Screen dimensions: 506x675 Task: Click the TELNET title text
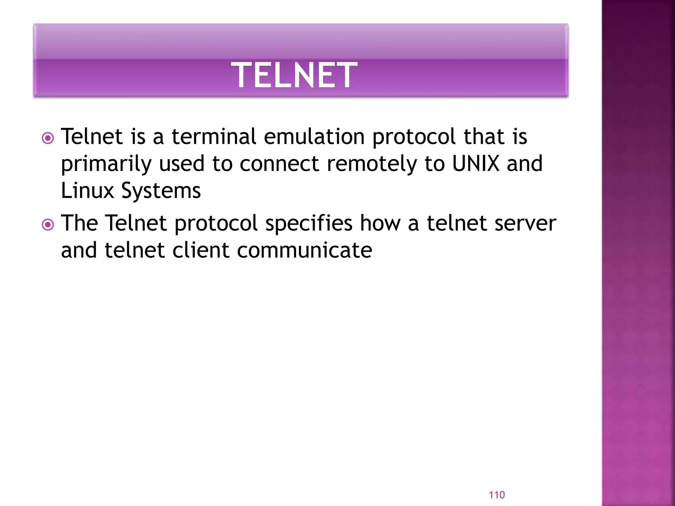click(294, 75)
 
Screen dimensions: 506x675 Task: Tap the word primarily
click(106, 164)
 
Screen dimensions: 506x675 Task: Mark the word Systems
click(161, 191)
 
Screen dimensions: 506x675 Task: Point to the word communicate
click(305, 250)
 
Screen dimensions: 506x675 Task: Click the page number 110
click(497, 495)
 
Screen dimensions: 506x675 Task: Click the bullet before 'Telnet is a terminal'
click(48, 138)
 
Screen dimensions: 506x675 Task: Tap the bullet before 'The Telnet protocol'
click(48, 225)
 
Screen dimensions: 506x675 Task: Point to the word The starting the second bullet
click(79, 223)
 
